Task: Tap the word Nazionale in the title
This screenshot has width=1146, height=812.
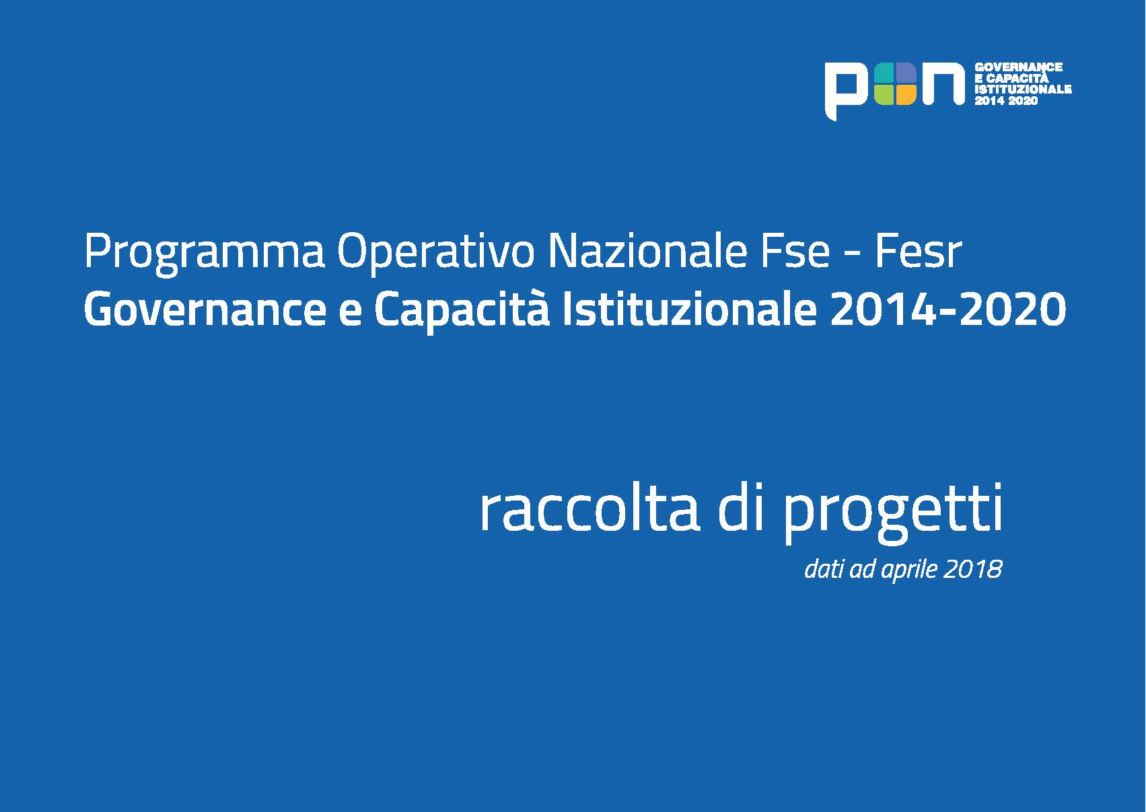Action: (x=647, y=252)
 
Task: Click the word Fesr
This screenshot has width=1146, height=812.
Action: (x=919, y=252)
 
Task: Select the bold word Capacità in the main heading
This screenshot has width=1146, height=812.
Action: (x=462, y=311)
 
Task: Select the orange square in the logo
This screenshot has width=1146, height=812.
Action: (x=906, y=95)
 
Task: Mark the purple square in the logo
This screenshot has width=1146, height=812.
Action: (x=906, y=73)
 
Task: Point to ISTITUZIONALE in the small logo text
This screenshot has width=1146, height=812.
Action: (x=1023, y=89)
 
